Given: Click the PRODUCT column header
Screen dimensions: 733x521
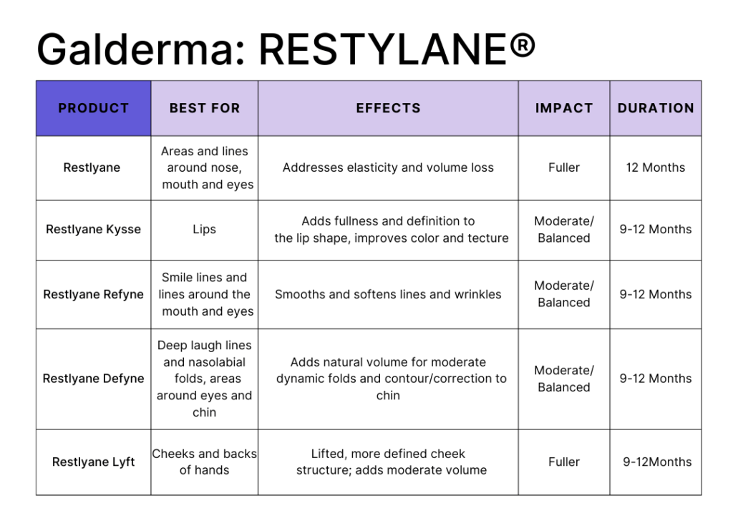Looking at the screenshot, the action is (x=94, y=108).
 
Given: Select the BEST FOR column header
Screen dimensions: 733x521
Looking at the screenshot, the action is (x=204, y=108).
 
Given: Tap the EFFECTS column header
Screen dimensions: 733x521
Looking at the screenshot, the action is (x=388, y=108).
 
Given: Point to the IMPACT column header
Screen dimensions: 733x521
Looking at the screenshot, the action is (x=564, y=108).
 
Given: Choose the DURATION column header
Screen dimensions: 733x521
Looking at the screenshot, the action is (x=656, y=108).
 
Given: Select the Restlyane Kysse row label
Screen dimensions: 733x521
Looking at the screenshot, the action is (x=93, y=230).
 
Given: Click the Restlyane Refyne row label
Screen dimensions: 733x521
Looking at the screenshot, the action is (x=93, y=294).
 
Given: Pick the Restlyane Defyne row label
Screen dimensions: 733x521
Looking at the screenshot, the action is (x=93, y=379).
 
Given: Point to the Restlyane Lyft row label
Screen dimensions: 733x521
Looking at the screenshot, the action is (x=93, y=462).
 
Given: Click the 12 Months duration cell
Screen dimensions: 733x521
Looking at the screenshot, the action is (x=656, y=167).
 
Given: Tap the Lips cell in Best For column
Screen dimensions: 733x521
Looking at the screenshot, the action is (x=204, y=230).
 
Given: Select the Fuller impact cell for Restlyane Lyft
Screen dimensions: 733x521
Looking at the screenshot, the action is (x=564, y=462).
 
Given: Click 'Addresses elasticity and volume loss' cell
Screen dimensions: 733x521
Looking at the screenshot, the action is (x=388, y=167).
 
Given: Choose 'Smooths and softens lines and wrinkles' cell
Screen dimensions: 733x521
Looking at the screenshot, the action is (x=388, y=294).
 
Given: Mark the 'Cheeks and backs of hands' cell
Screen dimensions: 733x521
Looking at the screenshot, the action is (x=204, y=462).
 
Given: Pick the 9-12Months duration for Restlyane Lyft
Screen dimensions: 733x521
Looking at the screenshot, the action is (x=657, y=462).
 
